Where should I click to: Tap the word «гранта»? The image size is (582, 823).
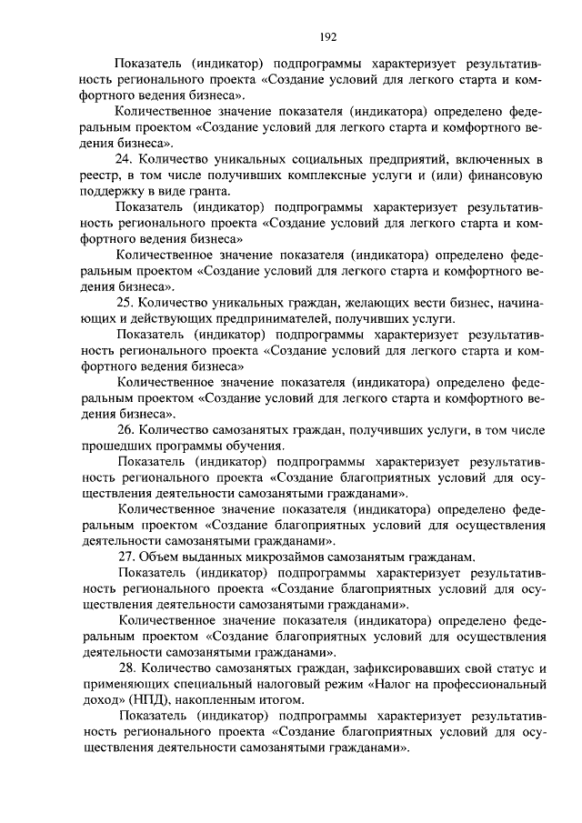pyautogui.click(x=205, y=191)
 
